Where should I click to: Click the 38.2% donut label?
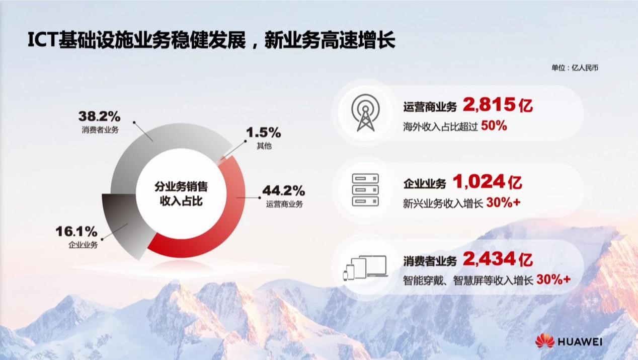pyautogui.click(x=100, y=116)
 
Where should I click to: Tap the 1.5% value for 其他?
pyautogui.click(x=264, y=132)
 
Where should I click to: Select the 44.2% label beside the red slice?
pyautogui.click(x=283, y=190)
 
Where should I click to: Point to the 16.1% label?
pyautogui.click(x=76, y=232)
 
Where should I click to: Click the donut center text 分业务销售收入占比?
pyautogui.click(x=181, y=194)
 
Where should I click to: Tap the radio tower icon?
pyautogui.click(x=365, y=113)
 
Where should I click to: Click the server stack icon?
pyautogui.click(x=365, y=190)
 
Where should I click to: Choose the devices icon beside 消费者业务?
pyautogui.click(x=365, y=268)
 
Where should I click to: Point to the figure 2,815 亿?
pyautogui.click(x=498, y=105)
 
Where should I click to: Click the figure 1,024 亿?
pyautogui.click(x=488, y=182)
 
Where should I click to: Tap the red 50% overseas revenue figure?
pyautogui.click(x=494, y=126)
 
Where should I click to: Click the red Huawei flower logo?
pyautogui.click(x=545, y=341)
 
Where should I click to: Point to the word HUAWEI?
pyautogui.click(x=580, y=342)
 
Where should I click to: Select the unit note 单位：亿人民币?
pyautogui.click(x=575, y=68)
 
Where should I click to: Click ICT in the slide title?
pyautogui.click(x=43, y=40)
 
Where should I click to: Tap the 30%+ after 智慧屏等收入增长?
pyautogui.click(x=553, y=280)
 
